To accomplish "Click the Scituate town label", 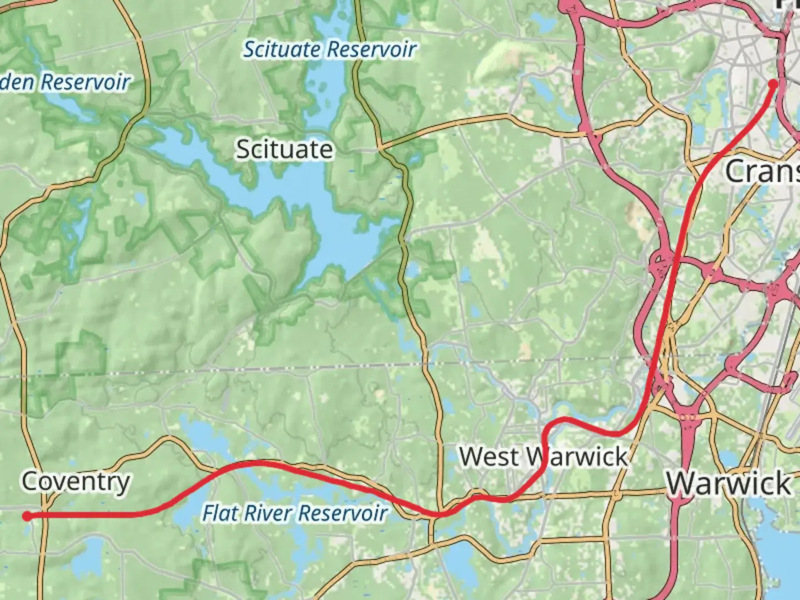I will [284, 149].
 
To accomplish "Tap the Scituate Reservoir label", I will [330, 49].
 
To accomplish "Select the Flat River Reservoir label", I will [294, 513].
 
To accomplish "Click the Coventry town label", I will [76, 482].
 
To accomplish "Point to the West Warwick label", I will [543, 457].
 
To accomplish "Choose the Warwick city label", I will [729, 483].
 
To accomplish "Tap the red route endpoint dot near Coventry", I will [27, 516].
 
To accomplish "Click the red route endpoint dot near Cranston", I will [773, 84].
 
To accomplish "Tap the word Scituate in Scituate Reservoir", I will [282, 49].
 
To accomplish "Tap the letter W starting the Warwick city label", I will [682, 483].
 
